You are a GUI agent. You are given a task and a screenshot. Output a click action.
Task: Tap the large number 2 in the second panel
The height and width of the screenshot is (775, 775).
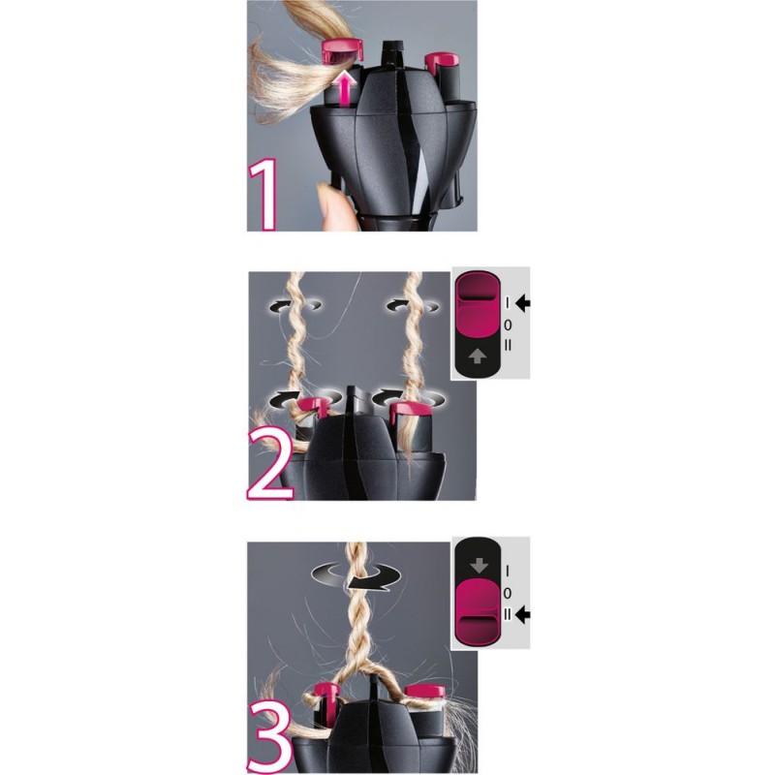269,463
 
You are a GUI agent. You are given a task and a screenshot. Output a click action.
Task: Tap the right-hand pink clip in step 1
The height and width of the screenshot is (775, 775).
443,61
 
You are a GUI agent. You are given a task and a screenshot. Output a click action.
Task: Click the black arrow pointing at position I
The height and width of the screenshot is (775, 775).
522,302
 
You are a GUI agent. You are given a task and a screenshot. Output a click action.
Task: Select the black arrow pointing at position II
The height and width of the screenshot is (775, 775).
522,615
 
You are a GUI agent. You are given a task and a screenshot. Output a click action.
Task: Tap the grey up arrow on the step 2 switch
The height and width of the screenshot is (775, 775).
477,356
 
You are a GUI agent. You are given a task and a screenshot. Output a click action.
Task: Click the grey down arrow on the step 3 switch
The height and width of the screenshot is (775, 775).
479,565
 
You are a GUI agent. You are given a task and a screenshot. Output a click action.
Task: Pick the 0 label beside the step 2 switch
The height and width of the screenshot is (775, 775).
508,325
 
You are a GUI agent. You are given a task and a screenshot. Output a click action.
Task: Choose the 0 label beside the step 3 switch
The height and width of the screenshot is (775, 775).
507,593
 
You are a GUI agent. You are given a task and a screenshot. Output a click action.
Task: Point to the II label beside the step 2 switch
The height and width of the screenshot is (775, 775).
508,345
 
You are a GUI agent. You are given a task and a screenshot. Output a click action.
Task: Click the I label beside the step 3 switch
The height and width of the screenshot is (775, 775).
507,572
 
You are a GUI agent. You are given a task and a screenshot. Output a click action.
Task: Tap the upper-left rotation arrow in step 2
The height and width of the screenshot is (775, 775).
295,306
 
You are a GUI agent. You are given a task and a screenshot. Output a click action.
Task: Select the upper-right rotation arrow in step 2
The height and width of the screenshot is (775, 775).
413,306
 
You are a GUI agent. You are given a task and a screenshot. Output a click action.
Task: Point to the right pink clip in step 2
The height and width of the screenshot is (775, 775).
409,409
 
